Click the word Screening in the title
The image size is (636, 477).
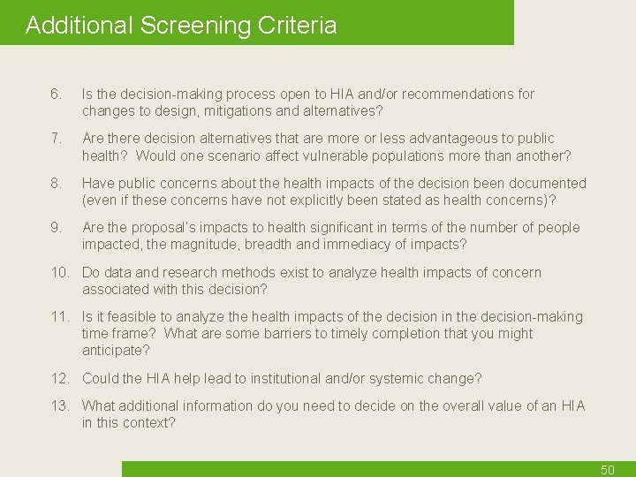(x=195, y=25)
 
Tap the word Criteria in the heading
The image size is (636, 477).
(x=298, y=25)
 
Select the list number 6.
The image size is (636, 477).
(x=56, y=94)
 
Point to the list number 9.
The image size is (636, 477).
(x=56, y=227)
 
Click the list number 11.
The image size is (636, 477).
(x=60, y=316)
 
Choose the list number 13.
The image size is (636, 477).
(x=60, y=405)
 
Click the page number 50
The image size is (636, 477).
(x=607, y=470)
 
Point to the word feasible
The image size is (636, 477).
(x=126, y=316)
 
